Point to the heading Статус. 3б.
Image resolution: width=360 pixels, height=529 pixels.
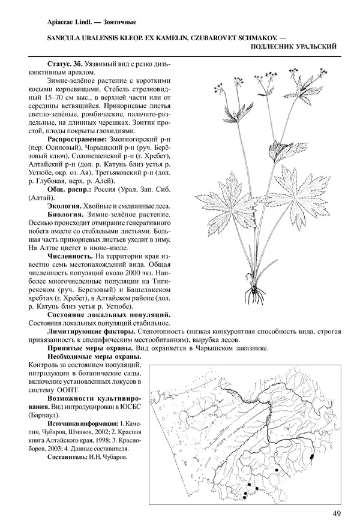coord(62,64)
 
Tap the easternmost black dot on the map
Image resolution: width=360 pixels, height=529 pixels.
coord(313,457)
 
